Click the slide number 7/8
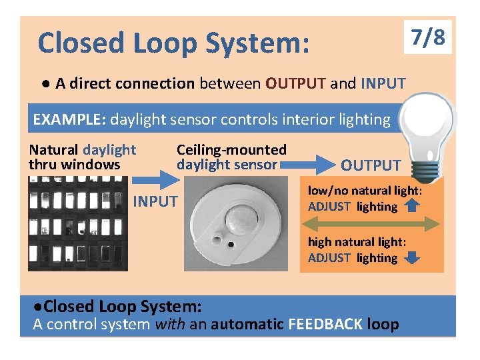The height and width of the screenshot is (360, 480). [428, 37]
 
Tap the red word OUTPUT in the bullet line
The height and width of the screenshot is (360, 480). [295, 83]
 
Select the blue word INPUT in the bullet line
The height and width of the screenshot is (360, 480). [383, 83]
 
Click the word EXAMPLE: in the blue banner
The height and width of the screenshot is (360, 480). [69, 120]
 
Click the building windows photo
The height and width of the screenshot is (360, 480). [71, 227]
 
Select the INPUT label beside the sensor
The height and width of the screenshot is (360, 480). [156, 201]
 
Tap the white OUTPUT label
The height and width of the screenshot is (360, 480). [371, 165]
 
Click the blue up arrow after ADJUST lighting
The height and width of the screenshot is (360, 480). [411, 206]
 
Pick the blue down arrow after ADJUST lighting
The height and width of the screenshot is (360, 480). [412, 257]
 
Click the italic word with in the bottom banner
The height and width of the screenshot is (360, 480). [170, 325]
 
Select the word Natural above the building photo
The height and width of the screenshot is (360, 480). [53, 151]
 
